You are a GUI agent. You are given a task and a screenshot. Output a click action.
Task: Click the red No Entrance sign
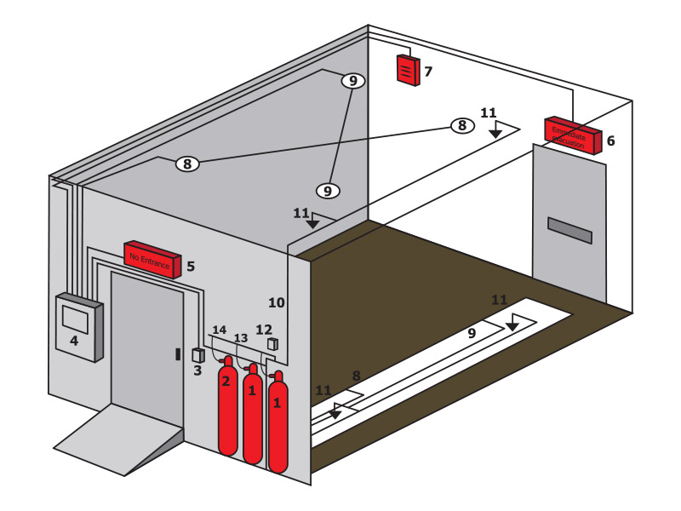(152, 258)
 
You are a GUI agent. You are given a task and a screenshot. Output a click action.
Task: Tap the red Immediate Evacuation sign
(573, 134)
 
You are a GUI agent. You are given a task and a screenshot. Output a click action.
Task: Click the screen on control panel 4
(75, 319)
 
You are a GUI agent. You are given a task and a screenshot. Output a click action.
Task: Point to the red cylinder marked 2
(227, 409)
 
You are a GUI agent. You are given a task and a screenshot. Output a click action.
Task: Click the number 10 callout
(276, 302)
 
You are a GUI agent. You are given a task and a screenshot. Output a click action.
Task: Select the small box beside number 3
(198, 354)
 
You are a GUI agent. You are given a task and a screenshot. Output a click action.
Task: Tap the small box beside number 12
(272, 344)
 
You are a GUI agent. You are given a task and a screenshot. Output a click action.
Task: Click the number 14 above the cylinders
(220, 330)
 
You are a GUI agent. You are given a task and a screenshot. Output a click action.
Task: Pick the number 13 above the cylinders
(241, 338)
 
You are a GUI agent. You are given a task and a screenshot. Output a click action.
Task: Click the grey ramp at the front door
(119, 439)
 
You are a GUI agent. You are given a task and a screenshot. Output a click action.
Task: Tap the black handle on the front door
(178, 353)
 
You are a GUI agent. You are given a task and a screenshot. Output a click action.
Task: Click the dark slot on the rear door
(569, 230)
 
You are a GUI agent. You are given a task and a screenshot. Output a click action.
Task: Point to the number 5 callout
(191, 267)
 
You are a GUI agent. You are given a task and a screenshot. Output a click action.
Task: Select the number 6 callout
(610, 141)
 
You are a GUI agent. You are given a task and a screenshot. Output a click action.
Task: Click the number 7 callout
(428, 72)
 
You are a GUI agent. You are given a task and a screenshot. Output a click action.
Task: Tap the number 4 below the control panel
(74, 341)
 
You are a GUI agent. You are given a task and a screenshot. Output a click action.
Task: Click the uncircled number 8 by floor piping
(356, 375)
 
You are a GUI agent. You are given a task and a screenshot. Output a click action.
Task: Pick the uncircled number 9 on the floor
(471, 334)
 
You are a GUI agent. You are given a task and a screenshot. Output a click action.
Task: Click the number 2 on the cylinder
(226, 382)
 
